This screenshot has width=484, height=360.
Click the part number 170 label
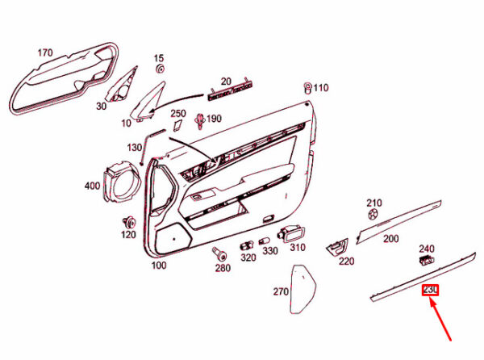[45, 52]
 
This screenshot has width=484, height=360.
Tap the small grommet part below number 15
[160, 69]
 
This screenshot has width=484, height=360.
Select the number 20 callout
[226, 82]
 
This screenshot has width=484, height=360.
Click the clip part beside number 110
[308, 88]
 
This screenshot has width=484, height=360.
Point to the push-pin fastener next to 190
[200, 121]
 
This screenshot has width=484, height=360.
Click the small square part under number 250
[177, 125]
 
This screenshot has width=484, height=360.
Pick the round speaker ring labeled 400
[121, 182]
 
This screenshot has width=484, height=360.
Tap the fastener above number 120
[129, 222]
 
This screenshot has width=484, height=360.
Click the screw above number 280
[219, 253]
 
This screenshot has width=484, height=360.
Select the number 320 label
[248, 257]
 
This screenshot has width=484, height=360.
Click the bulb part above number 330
[265, 241]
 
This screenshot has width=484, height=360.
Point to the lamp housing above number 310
[291, 234]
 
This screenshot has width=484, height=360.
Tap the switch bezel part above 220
[337, 247]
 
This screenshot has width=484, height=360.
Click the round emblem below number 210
[373, 214]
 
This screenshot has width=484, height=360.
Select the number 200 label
[390, 239]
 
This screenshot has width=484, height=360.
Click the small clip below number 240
[426, 260]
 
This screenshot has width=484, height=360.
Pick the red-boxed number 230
[430, 290]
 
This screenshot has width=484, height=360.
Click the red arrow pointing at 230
[440, 320]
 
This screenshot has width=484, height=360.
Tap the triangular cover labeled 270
[302, 289]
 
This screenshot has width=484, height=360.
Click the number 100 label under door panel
[159, 266]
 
